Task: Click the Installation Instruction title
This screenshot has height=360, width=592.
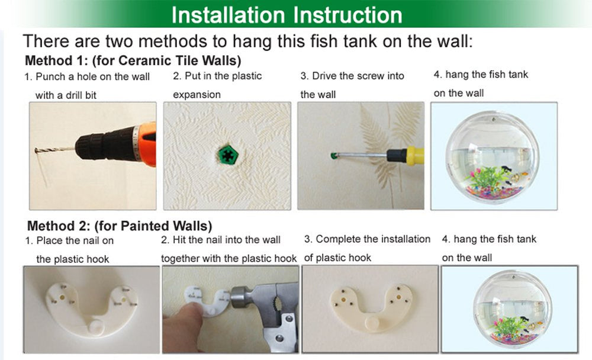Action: (287, 14)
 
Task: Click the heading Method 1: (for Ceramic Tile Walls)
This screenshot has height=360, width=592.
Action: (133, 60)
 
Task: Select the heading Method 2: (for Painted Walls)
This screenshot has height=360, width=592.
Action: (120, 226)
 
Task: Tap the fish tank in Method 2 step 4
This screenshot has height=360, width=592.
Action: (509, 308)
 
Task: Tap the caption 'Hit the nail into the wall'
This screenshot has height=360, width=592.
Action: (221, 240)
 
